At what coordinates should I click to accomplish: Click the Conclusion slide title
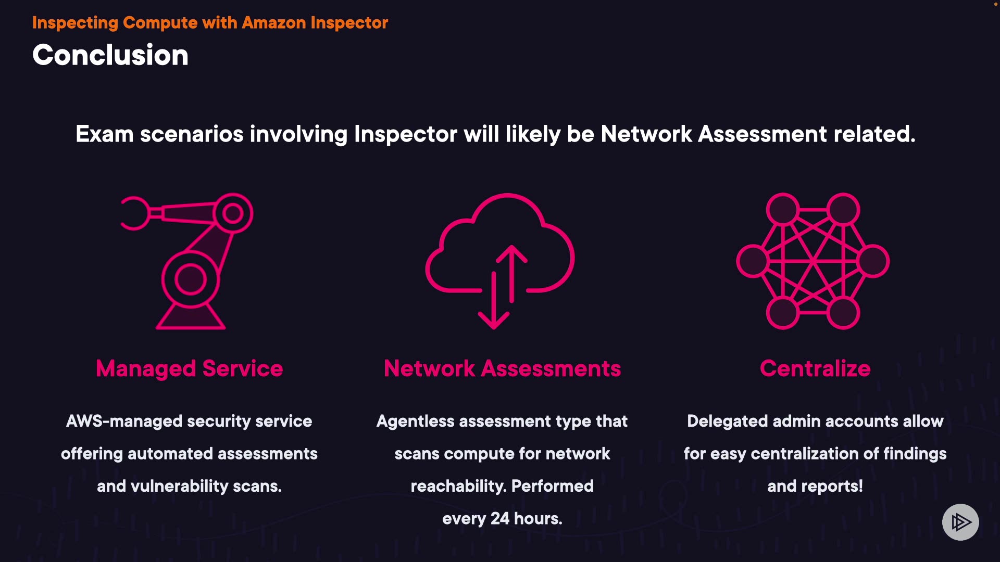pos(110,55)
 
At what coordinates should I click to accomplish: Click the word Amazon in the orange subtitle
pos(274,23)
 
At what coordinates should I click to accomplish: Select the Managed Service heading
pos(189,368)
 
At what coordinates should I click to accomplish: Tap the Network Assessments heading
pos(502,368)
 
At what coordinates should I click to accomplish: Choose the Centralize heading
pos(815,368)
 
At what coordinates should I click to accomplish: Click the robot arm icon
pos(190,260)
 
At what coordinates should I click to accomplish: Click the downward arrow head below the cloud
pos(493,321)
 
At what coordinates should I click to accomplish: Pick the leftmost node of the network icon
pos(752,261)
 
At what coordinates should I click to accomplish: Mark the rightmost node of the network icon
pos(873,261)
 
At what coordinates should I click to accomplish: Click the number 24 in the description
pos(500,518)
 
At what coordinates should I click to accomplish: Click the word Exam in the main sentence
pos(105,134)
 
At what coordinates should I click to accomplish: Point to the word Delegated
pos(727,421)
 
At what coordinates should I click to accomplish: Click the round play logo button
pos(960,522)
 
